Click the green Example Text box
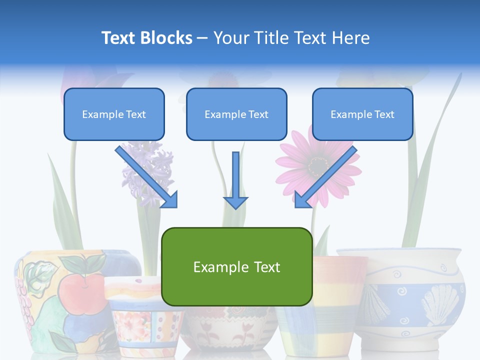click(236, 266)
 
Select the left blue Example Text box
click(114, 114)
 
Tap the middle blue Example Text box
click(236, 114)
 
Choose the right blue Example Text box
click(362, 114)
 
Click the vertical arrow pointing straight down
click(235, 180)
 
